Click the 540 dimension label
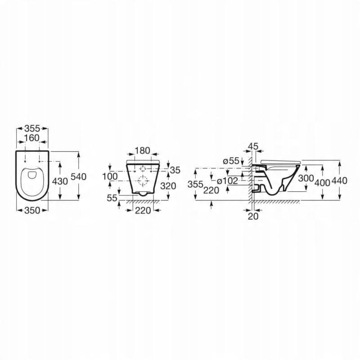click(78, 177)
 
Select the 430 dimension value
click(60, 181)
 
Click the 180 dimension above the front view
click(143, 150)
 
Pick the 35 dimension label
click(175, 170)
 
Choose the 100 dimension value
click(110, 176)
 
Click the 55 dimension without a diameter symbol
click(112, 198)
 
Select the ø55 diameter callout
click(230, 161)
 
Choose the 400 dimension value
click(322, 182)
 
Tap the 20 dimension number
click(253, 216)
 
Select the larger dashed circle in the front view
click(143, 181)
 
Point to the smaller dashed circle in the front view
click(143, 169)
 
